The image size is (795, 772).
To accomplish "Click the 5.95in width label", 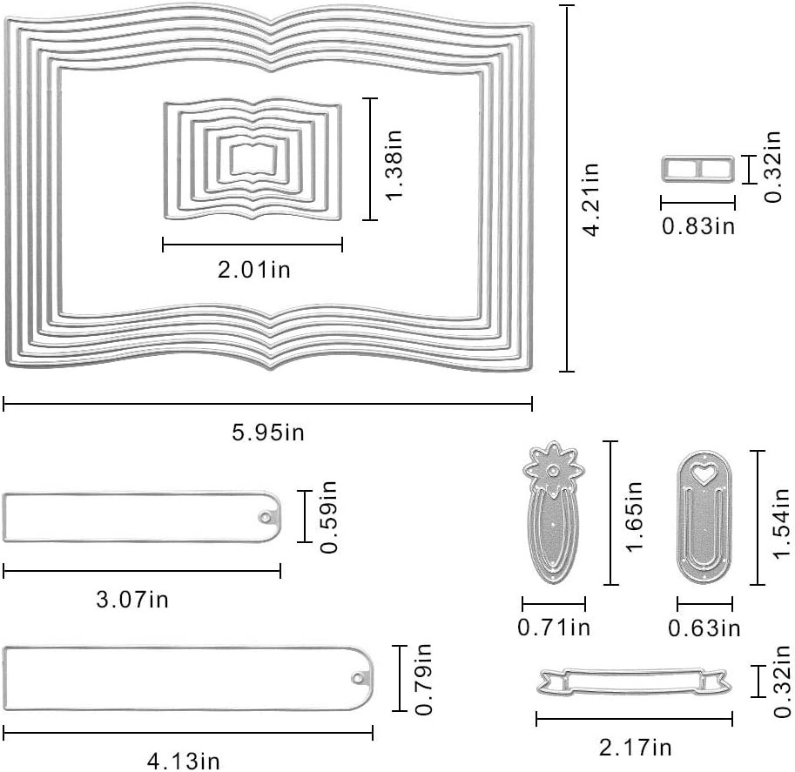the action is tap(268, 433).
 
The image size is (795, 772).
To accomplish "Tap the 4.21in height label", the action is tap(591, 199).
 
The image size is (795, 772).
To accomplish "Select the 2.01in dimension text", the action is tap(254, 269).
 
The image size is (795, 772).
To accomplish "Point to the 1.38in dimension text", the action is tap(394, 164).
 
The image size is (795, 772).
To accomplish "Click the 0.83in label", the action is tap(698, 225).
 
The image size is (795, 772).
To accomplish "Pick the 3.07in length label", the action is tap(132, 599).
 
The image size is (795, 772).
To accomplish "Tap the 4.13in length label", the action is tap(184, 761).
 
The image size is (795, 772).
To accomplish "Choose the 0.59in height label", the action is tap(328, 516).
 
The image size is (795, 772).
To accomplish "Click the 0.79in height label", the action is tap(423, 679).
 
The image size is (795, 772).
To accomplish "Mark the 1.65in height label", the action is tap(634, 515).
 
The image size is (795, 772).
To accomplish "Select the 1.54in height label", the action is tap(781, 523).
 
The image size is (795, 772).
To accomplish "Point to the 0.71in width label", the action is tap(554, 628).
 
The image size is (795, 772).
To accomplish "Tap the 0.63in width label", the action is tap(704, 628).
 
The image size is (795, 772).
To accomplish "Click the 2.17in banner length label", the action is tap(636, 747).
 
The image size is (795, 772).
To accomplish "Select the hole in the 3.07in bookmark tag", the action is tap(265, 517).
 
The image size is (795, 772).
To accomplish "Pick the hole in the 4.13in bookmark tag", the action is tap(358, 678).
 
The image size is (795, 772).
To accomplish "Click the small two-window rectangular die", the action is tap(698, 170).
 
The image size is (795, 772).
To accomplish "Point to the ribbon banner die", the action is tap(634, 681).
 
